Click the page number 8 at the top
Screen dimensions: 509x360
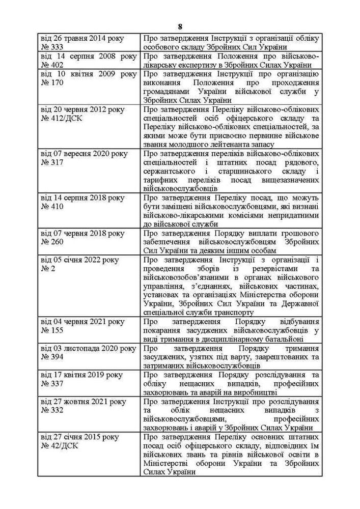click(x=180, y=26)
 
